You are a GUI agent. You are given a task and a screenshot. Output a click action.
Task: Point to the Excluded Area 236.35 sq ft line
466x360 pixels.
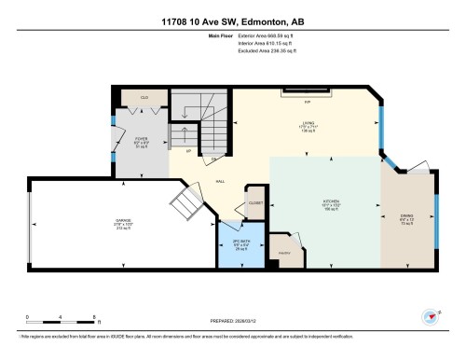[x=255, y=52]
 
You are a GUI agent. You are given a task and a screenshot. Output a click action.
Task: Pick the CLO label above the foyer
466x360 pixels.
[x=144, y=97]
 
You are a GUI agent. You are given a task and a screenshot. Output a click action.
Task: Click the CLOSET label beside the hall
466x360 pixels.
[x=254, y=203]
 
